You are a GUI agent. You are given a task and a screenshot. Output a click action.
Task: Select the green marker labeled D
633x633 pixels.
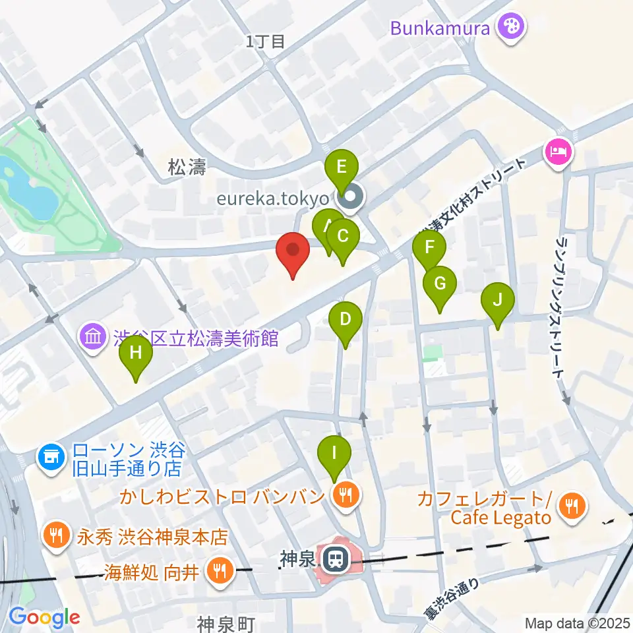point(345,320)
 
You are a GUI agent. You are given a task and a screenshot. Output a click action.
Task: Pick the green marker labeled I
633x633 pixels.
point(334,454)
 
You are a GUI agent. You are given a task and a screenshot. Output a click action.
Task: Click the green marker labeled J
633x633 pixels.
point(498,301)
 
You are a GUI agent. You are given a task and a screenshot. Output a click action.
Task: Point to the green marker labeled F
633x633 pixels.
point(429,249)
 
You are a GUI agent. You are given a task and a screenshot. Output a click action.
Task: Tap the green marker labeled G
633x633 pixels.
point(440,284)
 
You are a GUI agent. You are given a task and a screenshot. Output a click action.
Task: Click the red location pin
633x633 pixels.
point(292,253)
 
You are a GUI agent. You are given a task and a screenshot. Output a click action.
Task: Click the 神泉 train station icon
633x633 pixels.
point(334,560)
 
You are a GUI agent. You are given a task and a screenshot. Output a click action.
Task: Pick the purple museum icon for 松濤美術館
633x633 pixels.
point(93,338)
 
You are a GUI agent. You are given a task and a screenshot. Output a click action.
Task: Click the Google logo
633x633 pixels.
point(44,617)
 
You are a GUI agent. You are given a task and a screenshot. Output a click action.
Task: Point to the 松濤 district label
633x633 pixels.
point(187,169)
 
